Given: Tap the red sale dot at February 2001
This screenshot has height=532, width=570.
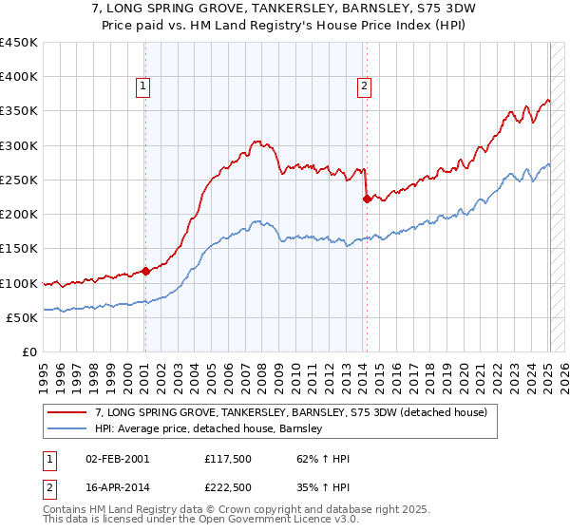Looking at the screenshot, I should [x=145, y=271].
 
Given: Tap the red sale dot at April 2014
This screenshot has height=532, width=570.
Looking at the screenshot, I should [x=367, y=199].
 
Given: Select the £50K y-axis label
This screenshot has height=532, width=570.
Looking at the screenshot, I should [x=23, y=317].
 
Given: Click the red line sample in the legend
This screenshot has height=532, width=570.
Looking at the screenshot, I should [x=67, y=412].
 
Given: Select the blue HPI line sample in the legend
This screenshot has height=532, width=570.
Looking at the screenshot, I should [x=67, y=428].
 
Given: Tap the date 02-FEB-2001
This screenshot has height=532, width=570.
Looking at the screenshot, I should [x=116, y=459].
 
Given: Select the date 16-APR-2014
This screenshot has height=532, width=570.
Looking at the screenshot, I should [x=116, y=487].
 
